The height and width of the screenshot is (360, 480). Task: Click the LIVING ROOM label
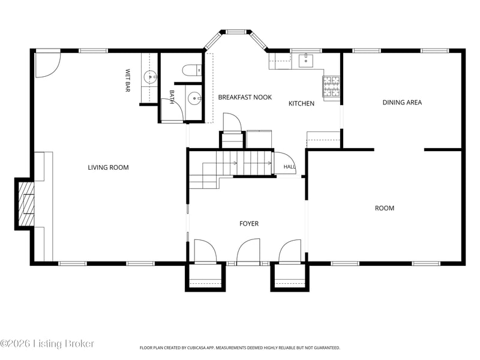pos(108,167)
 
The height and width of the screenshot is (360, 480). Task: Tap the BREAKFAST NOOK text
pos(245,97)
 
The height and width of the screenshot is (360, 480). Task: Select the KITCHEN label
pos(302,103)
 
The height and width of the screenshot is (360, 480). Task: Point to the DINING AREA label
pos(402,102)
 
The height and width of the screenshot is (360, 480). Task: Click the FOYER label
pos(249,224)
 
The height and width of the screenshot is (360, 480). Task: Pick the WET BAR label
pos(128,80)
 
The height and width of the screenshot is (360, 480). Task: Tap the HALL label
pos(289,167)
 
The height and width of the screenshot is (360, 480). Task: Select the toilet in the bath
pos(191,70)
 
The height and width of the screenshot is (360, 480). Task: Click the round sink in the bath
pos(194,98)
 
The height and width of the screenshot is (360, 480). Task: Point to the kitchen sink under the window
pos(306,61)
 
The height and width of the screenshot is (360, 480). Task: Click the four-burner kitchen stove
pos(331,86)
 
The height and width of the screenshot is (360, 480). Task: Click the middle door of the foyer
pos(248,251)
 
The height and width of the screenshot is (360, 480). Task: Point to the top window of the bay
pos(236,31)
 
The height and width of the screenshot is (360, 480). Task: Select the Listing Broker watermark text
pos(64,344)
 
